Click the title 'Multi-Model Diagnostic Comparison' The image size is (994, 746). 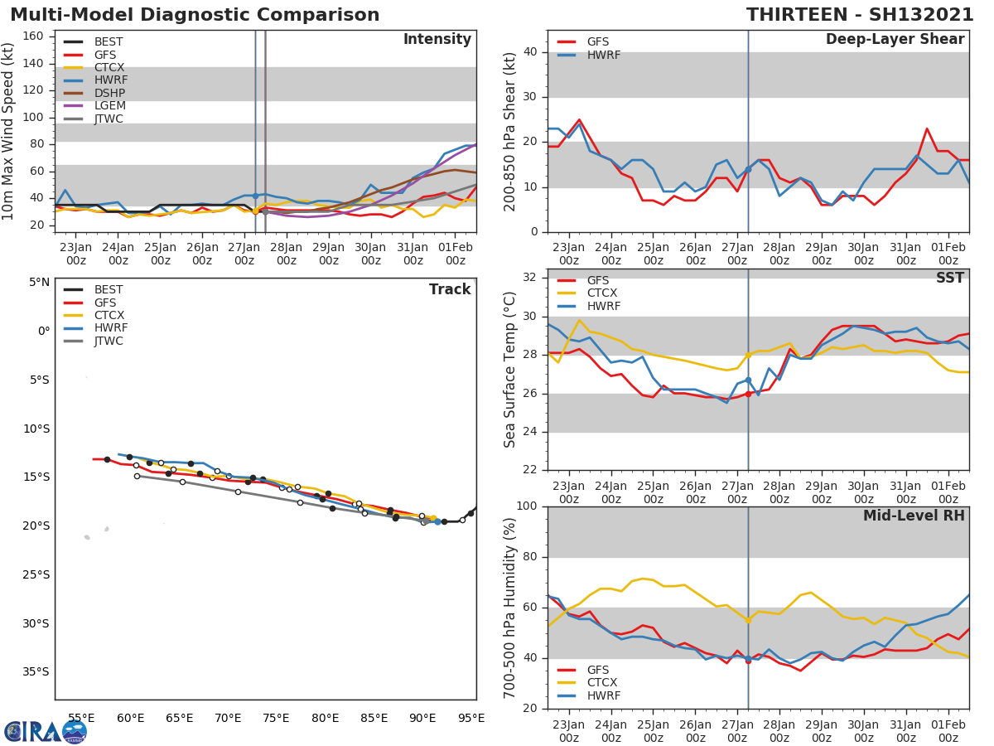point(195,15)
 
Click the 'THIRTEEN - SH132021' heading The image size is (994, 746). point(859,15)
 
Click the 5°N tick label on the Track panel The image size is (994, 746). point(39,283)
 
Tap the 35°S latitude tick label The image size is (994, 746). point(36,672)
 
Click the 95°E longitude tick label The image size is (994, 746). point(471,719)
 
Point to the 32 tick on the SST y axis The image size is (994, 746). point(533,278)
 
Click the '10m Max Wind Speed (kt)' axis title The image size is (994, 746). point(9,131)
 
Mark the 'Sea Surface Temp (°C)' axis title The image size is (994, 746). point(510,370)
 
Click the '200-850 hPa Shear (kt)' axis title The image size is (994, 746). point(510,131)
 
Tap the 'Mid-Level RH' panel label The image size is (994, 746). point(914,516)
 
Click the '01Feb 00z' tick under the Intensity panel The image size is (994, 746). point(455,253)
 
